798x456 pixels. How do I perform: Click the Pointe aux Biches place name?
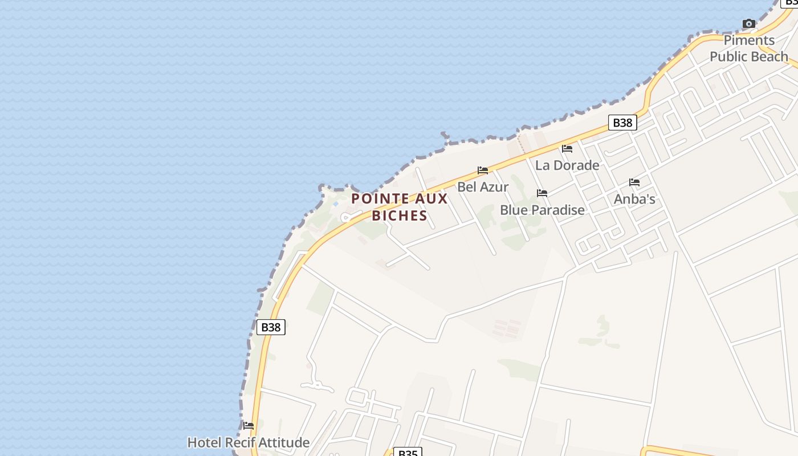point(400,207)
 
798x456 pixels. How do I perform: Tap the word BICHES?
point(400,215)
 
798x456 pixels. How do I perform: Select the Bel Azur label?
point(483,186)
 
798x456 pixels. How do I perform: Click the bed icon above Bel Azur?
point(483,170)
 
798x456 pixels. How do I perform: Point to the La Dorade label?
point(567,165)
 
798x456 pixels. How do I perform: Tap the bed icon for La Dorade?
point(567,149)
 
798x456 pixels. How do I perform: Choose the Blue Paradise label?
point(542,210)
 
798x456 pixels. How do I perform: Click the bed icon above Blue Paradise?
point(542,193)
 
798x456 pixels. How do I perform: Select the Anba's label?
point(634,199)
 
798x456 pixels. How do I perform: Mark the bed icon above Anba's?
point(634,182)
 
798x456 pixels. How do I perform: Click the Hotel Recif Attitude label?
point(249,442)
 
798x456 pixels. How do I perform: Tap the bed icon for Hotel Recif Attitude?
point(249,425)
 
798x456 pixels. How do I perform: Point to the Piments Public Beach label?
point(749,48)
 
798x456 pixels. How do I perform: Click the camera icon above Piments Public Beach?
point(749,23)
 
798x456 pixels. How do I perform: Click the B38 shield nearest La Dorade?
point(622,123)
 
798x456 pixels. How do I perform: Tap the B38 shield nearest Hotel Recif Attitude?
point(271,327)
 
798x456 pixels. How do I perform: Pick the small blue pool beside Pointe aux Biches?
point(336,203)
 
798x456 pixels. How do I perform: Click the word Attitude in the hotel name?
point(283,442)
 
